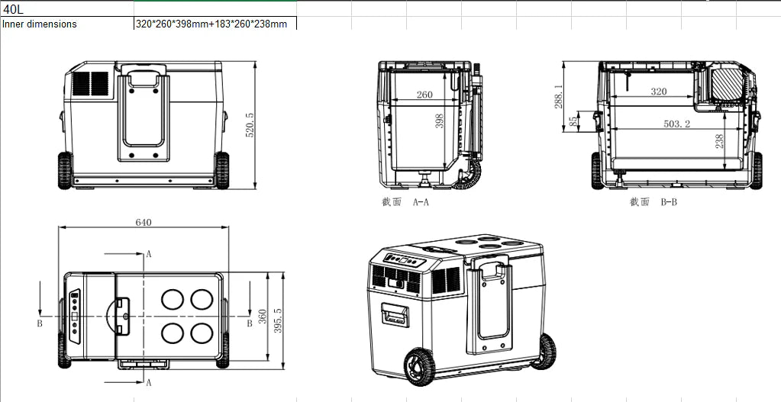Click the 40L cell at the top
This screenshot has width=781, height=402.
(x=66, y=9)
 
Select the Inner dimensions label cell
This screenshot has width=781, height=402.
(x=66, y=24)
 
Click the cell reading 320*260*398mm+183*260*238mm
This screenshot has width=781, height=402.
(x=215, y=24)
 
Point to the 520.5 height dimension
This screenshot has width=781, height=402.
(x=250, y=125)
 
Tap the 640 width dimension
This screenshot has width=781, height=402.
(x=144, y=223)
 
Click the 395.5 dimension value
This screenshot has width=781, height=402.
(x=277, y=321)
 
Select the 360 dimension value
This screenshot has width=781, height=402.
(x=263, y=317)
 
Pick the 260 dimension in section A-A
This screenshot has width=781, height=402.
(x=424, y=95)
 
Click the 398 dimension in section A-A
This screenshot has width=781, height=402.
(x=439, y=121)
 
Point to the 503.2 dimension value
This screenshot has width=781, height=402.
(x=677, y=124)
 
